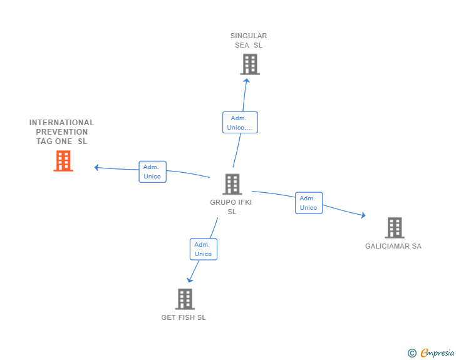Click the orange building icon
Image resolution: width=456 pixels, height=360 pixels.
[63, 161]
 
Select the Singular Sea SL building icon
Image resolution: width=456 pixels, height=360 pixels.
[249, 64]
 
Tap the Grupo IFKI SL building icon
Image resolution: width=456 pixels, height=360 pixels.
[232, 184]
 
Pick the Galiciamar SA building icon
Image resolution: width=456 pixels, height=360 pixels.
[394, 228]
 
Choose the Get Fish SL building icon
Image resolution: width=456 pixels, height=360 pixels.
[184, 299]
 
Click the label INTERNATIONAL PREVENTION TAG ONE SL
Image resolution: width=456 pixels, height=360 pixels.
[61, 132]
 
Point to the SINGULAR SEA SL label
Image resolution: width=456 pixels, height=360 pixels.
[249, 40]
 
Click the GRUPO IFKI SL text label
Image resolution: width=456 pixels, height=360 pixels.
[231, 207]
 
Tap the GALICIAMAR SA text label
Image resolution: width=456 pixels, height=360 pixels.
[393, 246]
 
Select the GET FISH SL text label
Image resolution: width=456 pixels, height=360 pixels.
[184, 317]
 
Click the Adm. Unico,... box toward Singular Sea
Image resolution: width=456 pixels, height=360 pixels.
[240, 123]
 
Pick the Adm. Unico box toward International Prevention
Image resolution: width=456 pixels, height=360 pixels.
[152, 172]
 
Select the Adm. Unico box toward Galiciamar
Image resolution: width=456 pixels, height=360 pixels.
[308, 203]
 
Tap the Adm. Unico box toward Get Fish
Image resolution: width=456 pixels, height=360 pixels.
[203, 249]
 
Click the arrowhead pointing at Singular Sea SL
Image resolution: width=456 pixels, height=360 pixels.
[246, 80]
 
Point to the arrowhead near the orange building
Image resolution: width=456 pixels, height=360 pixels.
[96, 167]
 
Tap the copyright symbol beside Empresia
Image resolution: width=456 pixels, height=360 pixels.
[412, 354]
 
